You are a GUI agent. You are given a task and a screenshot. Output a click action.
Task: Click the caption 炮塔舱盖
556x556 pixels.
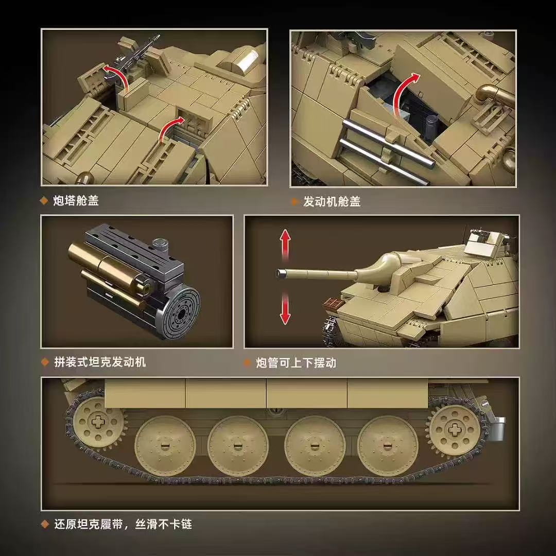click(x=76, y=201)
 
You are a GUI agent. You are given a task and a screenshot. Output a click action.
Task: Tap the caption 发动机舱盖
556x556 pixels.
click(x=332, y=202)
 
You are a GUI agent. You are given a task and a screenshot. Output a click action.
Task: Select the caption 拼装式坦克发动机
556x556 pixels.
click(x=100, y=362)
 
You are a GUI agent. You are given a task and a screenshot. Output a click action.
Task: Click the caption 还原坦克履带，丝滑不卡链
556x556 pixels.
click(x=123, y=525)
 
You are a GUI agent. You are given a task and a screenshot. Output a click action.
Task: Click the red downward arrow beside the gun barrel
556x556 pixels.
click(x=285, y=310)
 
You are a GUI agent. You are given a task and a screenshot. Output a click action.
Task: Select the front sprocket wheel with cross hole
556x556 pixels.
click(x=98, y=422)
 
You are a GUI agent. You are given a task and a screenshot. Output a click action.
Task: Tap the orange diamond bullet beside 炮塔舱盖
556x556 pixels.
click(x=44, y=201)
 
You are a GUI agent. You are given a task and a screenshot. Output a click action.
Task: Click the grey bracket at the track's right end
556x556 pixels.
click(x=497, y=427)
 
